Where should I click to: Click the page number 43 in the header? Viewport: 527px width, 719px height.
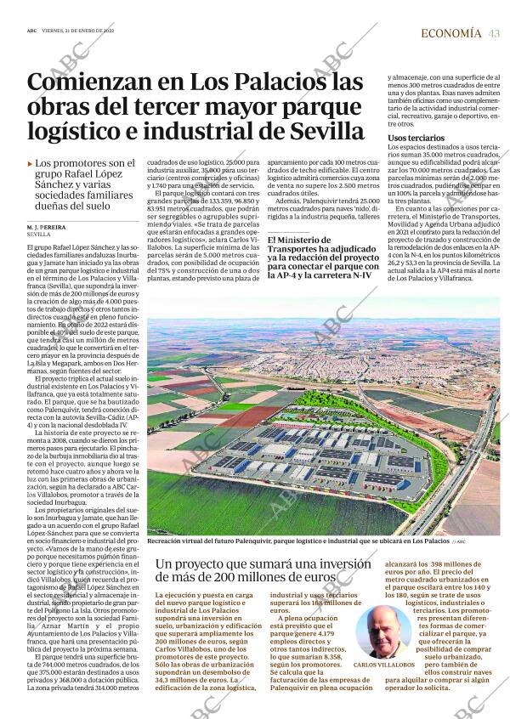pos(493,33)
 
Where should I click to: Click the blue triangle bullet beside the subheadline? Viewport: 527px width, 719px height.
pos(31,164)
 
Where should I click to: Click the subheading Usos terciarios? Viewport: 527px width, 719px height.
pos(413,137)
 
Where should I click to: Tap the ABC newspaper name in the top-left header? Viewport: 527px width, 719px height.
pos(31,31)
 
